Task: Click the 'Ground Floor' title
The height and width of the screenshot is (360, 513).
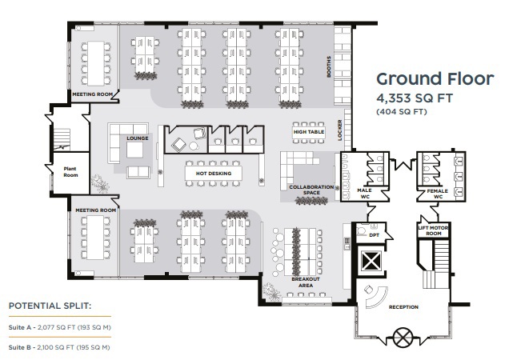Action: (x=435, y=79)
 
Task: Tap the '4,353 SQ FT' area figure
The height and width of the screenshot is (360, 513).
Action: (x=415, y=98)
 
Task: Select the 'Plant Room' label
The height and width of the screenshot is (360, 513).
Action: (x=70, y=172)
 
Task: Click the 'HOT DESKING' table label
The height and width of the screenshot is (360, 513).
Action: (x=214, y=174)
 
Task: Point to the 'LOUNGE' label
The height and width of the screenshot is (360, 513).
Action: (x=138, y=138)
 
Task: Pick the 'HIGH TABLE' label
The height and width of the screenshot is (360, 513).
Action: (x=309, y=132)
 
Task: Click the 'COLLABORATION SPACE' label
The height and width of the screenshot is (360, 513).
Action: (x=311, y=190)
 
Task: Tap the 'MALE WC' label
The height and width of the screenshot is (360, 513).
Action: (x=364, y=194)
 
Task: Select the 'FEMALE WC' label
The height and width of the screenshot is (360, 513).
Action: (x=438, y=194)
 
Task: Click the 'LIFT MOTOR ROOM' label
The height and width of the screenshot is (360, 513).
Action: (x=433, y=230)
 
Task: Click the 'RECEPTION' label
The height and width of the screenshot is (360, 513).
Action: (x=403, y=307)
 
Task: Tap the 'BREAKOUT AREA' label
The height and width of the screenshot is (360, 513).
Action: (x=305, y=282)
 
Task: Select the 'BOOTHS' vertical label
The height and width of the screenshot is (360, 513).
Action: (x=329, y=66)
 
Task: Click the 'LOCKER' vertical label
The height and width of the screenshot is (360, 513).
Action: (x=339, y=130)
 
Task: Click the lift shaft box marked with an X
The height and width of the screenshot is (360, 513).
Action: (x=371, y=261)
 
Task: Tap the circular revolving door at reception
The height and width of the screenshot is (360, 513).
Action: (x=403, y=338)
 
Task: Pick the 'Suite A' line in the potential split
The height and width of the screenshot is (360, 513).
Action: (x=60, y=327)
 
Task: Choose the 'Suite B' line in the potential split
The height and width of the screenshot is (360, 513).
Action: (x=59, y=347)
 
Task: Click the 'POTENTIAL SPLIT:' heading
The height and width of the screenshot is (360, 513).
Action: (x=50, y=306)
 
